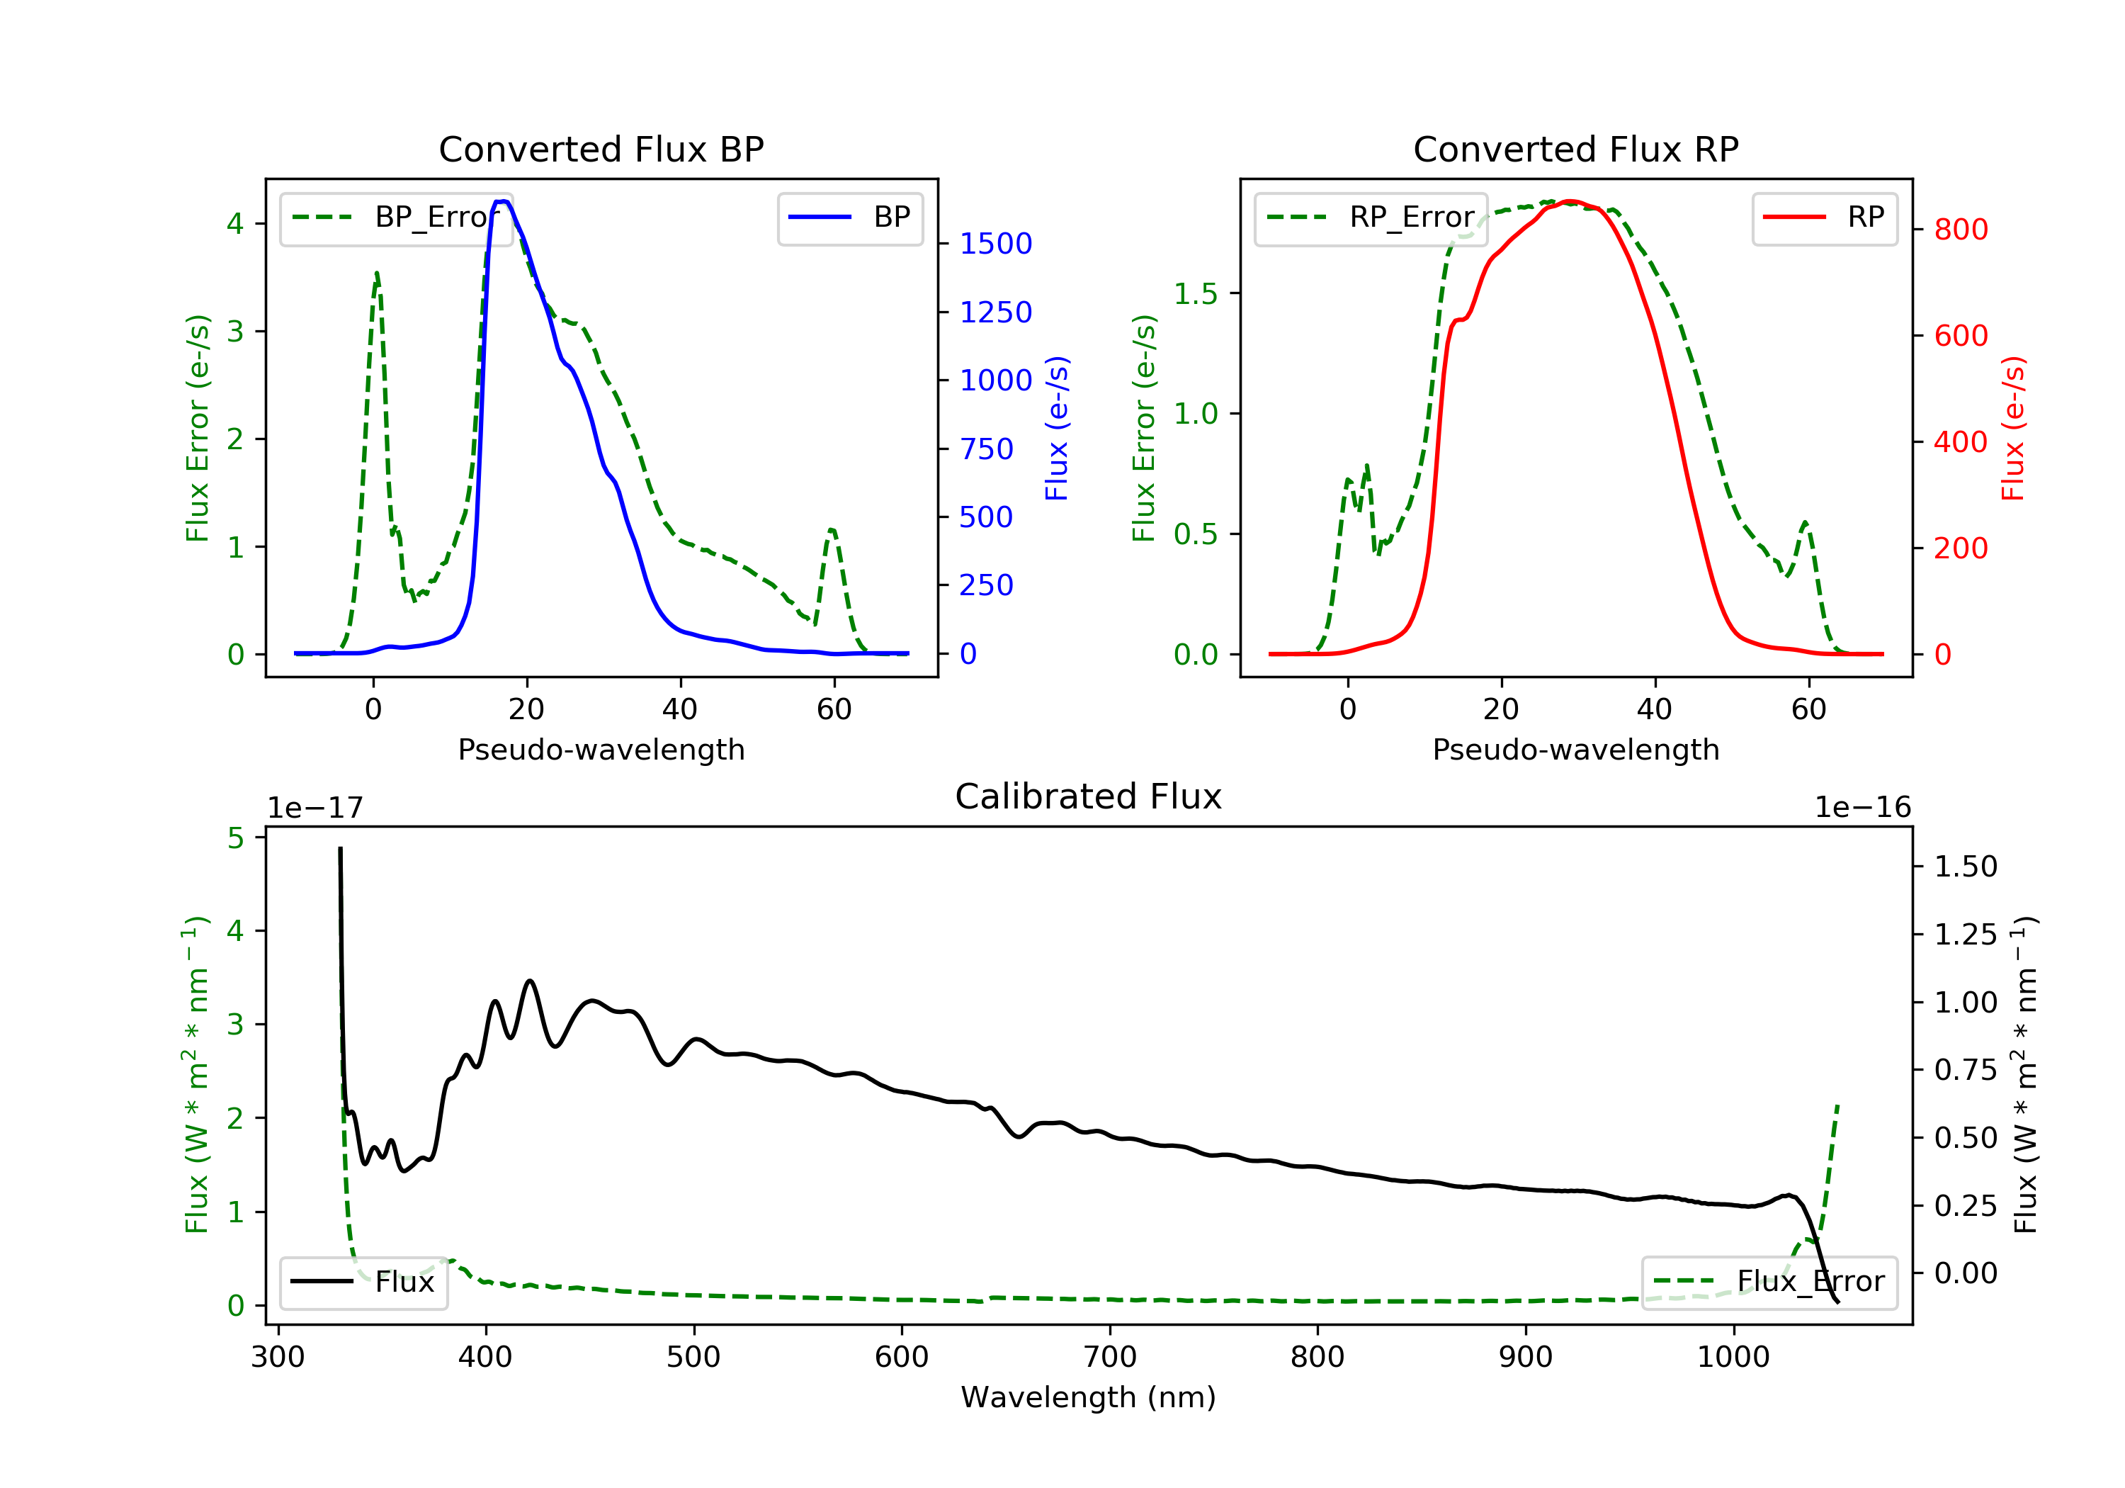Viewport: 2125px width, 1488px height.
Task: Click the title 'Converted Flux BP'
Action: click(x=601, y=149)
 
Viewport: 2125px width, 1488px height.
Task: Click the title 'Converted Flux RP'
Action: click(x=1576, y=149)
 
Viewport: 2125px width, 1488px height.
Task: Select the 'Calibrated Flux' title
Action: click(x=1089, y=796)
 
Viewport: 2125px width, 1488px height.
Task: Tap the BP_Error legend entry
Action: click(x=396, y=218)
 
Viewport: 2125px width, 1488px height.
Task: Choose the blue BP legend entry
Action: click(x=849, y=218)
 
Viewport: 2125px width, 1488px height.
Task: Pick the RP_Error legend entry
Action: click(x=1371, y=218)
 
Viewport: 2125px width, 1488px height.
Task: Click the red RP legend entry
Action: click(x=1824, y=218)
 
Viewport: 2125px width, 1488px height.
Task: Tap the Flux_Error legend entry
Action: click(x=1769, y=1282)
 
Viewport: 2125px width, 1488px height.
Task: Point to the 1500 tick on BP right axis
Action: click(x=996, y=244)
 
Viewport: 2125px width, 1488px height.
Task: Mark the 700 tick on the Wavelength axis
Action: click(x=1110, y=1358)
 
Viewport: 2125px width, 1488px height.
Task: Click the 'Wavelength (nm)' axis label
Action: click(x=1089, y=1397)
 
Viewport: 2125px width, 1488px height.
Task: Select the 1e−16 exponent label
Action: click(x=1862, y=808)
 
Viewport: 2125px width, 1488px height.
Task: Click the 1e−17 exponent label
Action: click(x=316, y=808)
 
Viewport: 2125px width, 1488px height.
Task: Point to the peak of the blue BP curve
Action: click(x=502, y=201)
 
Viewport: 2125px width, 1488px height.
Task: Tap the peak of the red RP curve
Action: click(x=1570, y=201)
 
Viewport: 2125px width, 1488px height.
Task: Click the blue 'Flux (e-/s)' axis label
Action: click(x=1057, y=429)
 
